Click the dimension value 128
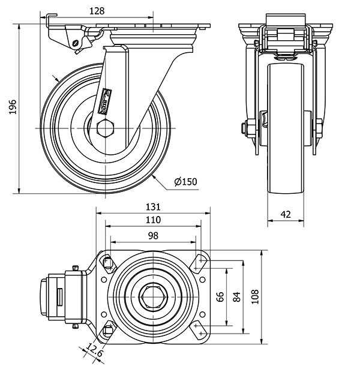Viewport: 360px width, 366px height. [x=97, y=10]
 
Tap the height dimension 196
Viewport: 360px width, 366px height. [x=12, y=107]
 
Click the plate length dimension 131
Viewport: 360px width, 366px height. [x=154, y=207]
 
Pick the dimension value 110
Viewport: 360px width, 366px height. [x=154, y=220]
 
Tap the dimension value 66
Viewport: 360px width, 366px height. [x=220, y=296]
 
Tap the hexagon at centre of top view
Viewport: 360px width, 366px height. [x=153, y=296]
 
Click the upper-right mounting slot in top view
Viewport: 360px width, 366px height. [x=198, y=262]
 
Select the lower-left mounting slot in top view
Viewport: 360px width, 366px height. [x=108, y=329]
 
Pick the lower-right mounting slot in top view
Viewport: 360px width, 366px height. [x=198, y=329]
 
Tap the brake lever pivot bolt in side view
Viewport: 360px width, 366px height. [x=75, y=43]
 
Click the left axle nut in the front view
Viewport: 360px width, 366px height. [x=245, y=127]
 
